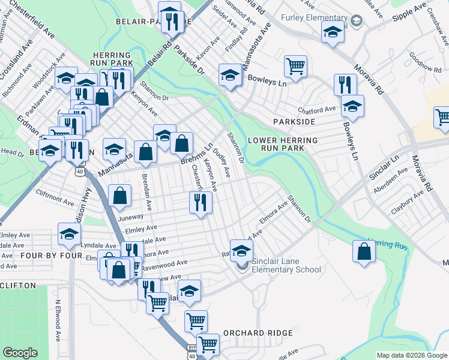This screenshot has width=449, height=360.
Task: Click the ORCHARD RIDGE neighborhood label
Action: pos(258,332)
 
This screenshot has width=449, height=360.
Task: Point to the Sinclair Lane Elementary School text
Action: pos(287,265)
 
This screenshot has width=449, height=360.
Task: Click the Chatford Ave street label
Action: pos(317,110)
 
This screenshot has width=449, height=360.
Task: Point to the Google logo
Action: pos(20,353)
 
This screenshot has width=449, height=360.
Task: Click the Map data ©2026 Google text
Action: pos(412,355)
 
